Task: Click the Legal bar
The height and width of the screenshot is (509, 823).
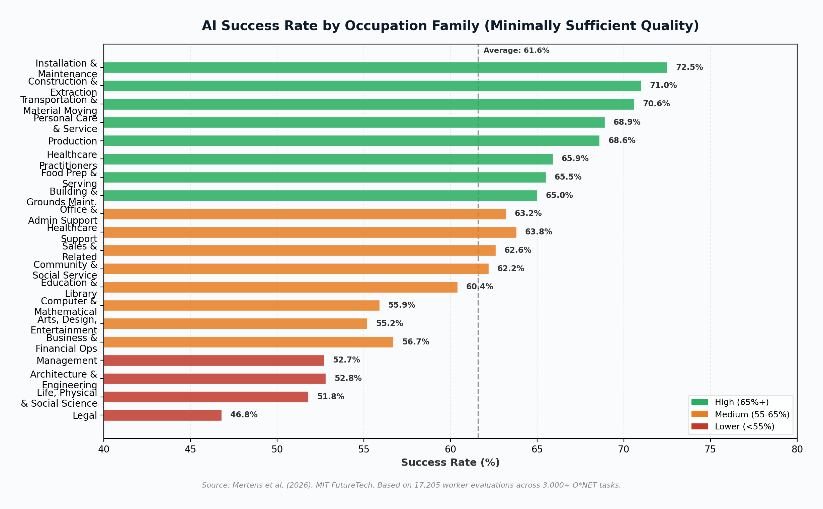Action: point(162,415)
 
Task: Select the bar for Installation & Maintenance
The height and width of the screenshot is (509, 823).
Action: point(385,67)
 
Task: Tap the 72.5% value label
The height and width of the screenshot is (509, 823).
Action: point(689,67)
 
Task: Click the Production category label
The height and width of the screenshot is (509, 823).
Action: point(72,141)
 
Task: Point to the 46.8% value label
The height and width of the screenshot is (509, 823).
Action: point(244,415)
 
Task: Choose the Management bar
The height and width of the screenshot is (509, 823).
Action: point(214,360)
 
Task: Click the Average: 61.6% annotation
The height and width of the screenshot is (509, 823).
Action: point(516,50)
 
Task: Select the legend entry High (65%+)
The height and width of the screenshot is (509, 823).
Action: point(741,402)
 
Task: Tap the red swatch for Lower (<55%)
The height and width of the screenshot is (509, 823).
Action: point(699,426)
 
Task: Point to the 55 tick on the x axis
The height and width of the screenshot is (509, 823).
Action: point(363,449)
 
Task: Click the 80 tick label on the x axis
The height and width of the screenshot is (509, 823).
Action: point(797,449)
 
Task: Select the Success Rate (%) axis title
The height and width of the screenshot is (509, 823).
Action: point(450,463)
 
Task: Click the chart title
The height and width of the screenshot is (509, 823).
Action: point(450,26)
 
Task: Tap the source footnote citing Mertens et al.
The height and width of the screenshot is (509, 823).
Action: point(411,485)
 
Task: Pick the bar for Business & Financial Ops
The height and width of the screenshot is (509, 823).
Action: point(248,342)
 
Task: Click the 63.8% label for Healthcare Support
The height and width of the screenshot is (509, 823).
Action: point(538,232)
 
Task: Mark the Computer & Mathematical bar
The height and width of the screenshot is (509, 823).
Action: point(241,305)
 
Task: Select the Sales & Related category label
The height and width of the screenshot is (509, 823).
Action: point(80,251)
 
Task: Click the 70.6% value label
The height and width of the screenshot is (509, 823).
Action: point(656,104)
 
